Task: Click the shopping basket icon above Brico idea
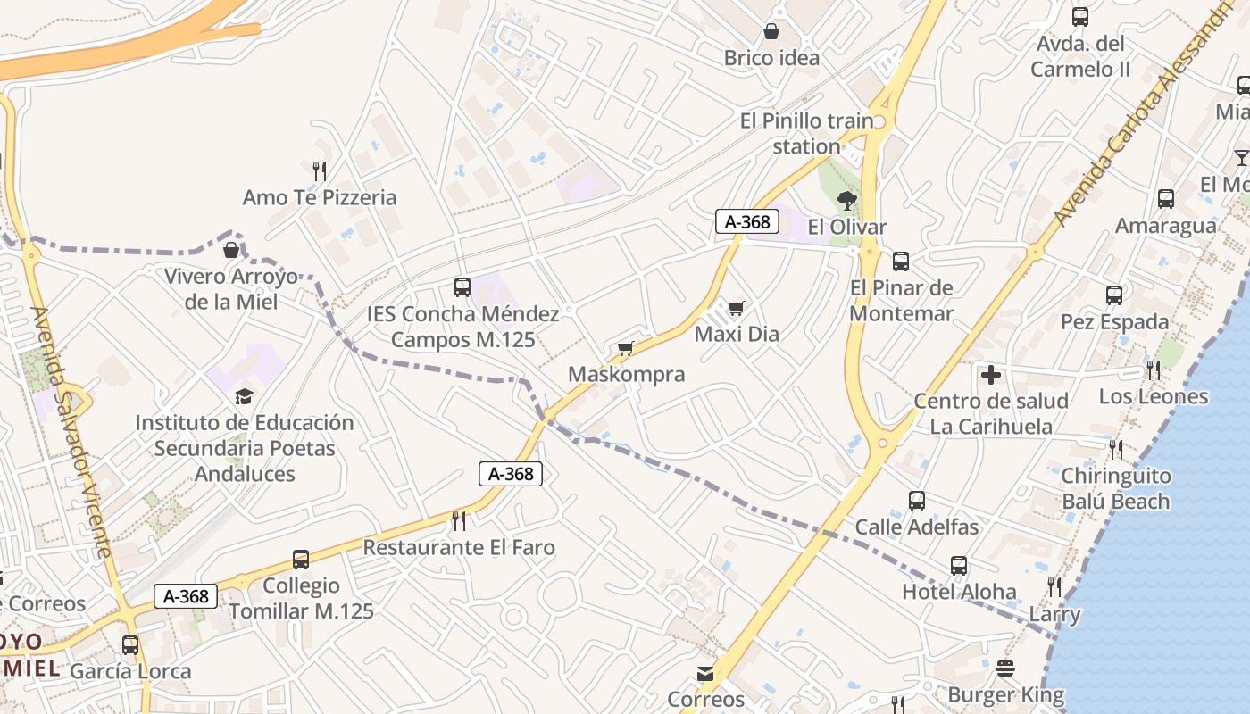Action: click(x=771, y=32)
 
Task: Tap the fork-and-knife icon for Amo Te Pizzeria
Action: click(x=320, y=170)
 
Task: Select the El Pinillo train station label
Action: click(x=807, y=133)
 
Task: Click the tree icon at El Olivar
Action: click(x=846, y=200)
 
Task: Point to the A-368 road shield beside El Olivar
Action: click(x=746, y=221)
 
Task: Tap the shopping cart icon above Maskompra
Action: click(x=625, y=348)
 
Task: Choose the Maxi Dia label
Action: click(x=737, y=334)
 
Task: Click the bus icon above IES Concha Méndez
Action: click(x=462, y=286)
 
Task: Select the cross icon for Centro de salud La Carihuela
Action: click(x=990, y=375)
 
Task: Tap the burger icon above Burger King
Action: click(x=1005, y=668)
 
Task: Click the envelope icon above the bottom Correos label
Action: click(x=705, y=673)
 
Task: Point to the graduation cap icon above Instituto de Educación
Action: click(x=244, y=395)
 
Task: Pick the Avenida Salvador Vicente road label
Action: click(x=71, y=432)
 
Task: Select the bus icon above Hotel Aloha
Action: click(x=958, y=565)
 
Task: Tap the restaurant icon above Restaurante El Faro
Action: click(x=459, y=520)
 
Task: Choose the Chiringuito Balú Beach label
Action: click(x=1115, y=488)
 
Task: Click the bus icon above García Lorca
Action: click(x=130, y=644)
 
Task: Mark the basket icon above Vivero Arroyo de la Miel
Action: click(x=230, y=249)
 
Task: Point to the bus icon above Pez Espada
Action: click(x=1113, y=295)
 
